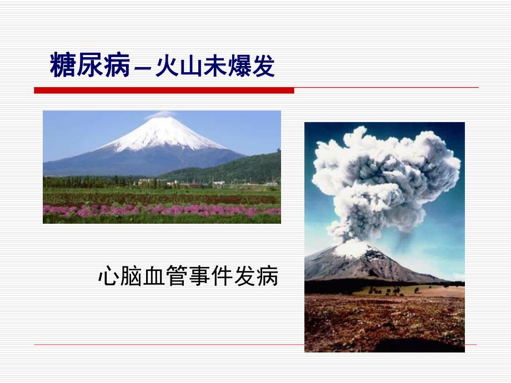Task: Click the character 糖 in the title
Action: tap(63, 65)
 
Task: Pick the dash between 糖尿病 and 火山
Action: tap(141, 69)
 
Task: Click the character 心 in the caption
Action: tap(108, 276)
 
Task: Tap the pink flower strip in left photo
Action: tap(161, 210)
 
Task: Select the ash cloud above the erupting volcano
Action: tap(383, 178)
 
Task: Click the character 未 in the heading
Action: tap(221, 66)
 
